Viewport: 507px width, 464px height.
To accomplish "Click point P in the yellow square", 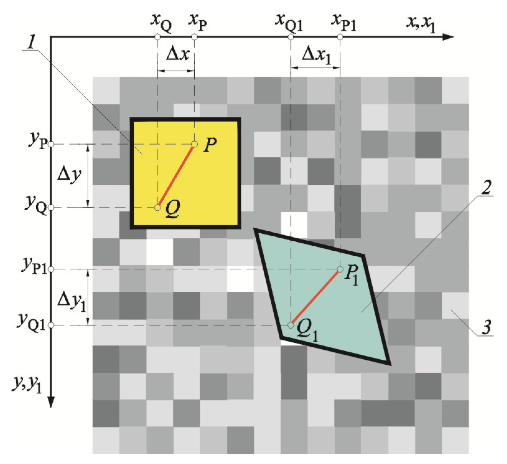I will [x=194, y=144].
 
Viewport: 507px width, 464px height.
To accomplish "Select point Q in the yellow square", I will [x=158, y=207].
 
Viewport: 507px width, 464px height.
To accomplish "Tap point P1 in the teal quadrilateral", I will [x=340, y=269].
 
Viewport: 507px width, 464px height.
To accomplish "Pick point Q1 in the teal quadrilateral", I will [x=291, y=325].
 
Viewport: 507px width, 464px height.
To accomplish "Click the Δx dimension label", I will [x=178, y=54].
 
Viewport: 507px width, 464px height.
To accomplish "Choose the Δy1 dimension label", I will [x=71, y=301].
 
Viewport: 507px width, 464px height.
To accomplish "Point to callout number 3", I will [x=487, y=327].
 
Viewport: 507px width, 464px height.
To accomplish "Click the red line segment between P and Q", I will [x=176, y=176].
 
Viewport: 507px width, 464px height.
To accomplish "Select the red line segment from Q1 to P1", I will [x=315, y=297].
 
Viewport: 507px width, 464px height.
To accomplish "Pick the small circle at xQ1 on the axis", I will [x=291, y=37].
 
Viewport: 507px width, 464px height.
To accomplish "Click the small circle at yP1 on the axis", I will [x=51, y=269].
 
